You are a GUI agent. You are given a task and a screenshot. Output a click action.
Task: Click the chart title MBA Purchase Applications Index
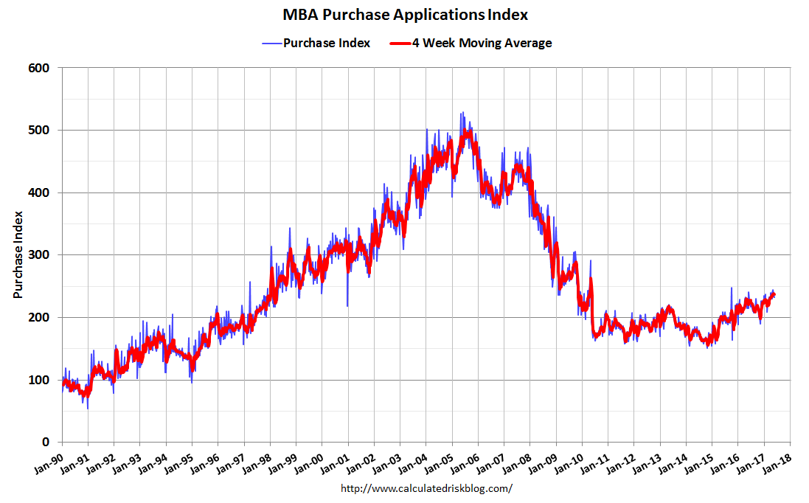(x=405, y=15)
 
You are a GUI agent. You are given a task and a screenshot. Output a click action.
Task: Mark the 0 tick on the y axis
(x=45, y=443)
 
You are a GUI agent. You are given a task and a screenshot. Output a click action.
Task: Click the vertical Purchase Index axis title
(x=18, y=255)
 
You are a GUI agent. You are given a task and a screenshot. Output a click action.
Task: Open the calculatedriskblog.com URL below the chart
(x=426, y=488)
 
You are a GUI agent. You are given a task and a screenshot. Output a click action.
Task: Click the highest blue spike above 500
(x=462, y=113)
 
